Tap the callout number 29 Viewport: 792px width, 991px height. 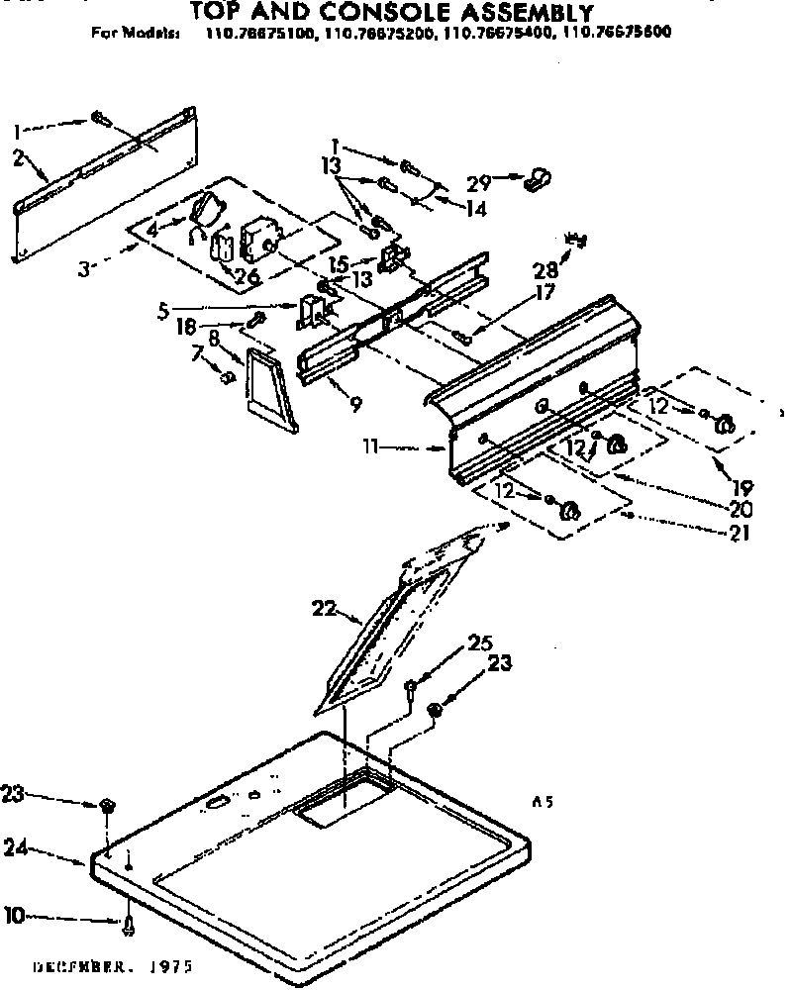(x=480, y=184)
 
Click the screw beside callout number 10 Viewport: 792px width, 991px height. (x=130, y=924)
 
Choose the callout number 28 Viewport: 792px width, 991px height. (x=543, y=271)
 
